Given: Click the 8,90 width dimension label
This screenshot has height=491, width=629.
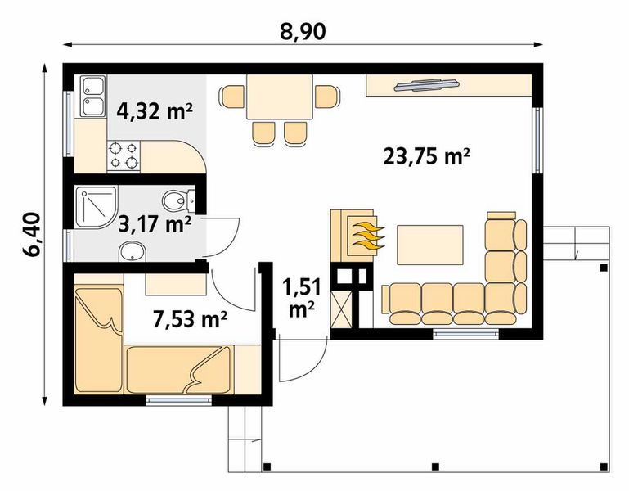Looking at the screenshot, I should pyautogui.click(x=303, y=31).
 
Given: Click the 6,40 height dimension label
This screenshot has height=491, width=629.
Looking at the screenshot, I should pyautogui.click(x=31, y=236).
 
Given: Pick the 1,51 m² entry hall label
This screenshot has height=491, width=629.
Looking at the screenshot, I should pyautogui.click(x=300, y=298).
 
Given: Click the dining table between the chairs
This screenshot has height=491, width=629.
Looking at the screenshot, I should pyautogui.click(x=280, y=97).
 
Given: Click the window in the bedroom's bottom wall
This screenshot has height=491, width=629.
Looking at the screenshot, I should pyautogui.click(x=179, y=400).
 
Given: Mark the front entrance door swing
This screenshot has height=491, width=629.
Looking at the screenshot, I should pyautogui.click(x=299, y=360).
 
